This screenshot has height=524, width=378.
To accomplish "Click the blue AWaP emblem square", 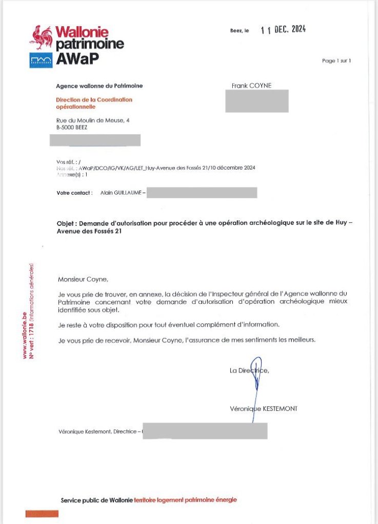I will (x=41, y=60).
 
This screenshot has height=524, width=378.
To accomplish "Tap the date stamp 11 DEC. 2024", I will (x=283, y=30).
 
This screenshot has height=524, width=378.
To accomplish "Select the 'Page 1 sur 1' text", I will (x=336, y=61).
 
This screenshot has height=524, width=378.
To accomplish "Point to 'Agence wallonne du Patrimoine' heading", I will (x=100, y=86).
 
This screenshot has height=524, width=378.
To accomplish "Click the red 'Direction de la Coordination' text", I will (x=94, y=99).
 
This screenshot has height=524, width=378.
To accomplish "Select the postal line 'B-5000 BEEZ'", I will (x=72, y=128).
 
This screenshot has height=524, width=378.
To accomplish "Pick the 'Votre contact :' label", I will (x=75, y=193).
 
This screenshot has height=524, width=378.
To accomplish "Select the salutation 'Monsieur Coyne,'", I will (x=83, y=280).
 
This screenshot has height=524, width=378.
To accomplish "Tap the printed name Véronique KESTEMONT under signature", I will (x=264, y=408).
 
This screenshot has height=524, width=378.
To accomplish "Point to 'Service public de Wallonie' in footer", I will (x=96, y=500).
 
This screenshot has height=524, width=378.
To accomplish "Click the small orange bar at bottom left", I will (x=42, y=513).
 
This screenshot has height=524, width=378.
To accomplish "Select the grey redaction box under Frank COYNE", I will (x=256, y=101).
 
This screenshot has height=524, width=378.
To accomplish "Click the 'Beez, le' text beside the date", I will (x=240, y=31).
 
